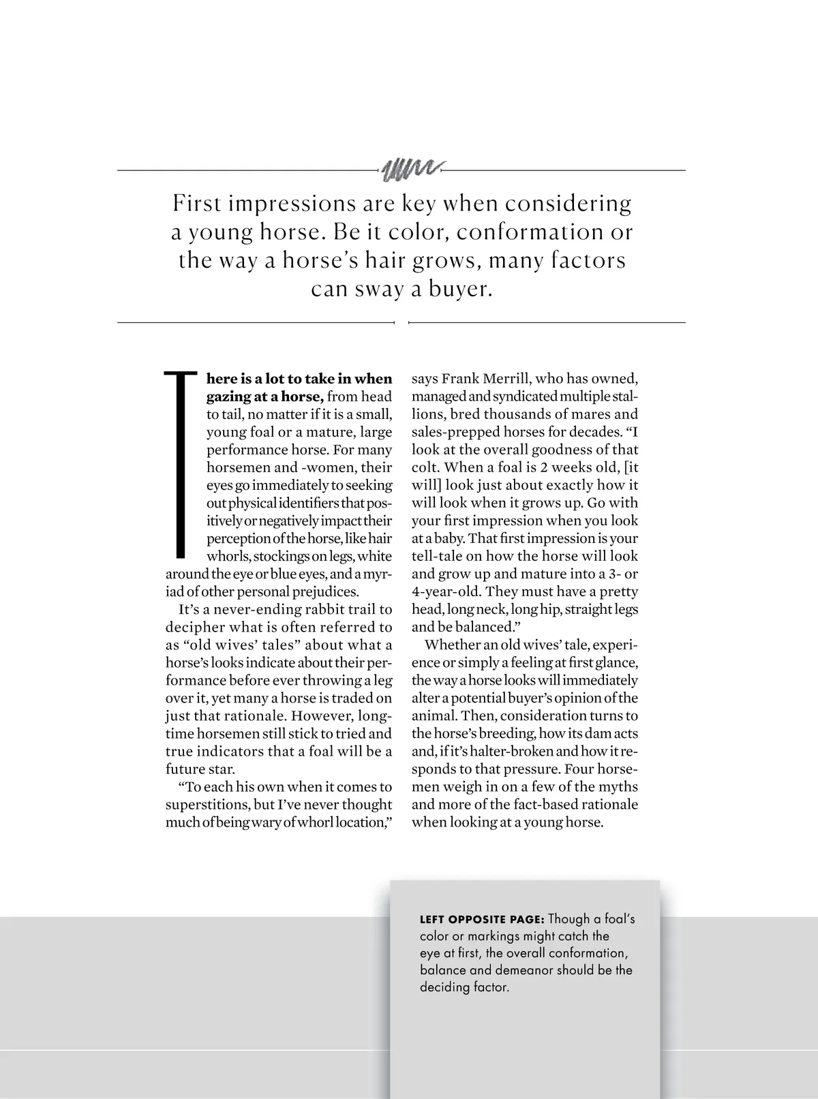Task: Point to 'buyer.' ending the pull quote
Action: (460, 290)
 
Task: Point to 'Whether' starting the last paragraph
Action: (451, 645)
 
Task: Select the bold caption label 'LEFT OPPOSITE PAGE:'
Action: (482, 919)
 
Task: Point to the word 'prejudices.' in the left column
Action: (324, 591)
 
